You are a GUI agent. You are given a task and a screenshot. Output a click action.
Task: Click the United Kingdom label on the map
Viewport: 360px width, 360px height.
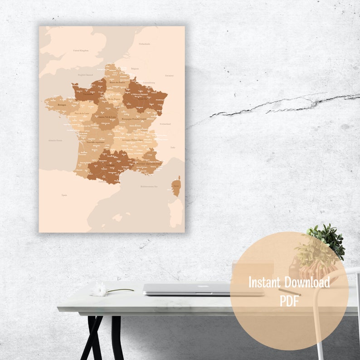click(x=81, y=51)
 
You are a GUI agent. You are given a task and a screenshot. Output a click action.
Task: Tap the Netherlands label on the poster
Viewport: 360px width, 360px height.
click(x=144, y=44)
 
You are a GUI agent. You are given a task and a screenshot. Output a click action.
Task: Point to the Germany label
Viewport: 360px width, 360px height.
click(x=169, y=75)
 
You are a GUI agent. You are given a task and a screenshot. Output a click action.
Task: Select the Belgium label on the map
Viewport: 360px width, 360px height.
click(x=135, y=69)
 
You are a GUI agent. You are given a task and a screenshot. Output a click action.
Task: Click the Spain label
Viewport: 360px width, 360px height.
click(x=64, y=195)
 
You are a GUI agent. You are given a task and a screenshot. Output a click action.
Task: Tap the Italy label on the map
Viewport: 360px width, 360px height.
click(x=172, y=147)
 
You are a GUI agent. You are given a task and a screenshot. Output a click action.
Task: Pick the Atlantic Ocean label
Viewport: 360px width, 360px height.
click(x=55, y=140)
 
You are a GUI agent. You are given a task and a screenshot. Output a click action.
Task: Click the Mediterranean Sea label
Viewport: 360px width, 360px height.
click(x=149, y=186)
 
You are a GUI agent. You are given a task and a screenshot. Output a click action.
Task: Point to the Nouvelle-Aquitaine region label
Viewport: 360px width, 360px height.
click(x=96, y=141)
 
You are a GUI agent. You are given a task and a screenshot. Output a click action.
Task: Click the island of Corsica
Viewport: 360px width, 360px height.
click(x=176, y=186)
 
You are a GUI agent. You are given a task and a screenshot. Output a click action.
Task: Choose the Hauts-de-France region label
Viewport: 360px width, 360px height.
click(x=117, y=82)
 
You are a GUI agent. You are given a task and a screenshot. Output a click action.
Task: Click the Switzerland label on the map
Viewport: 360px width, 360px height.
click(x=165, y=124)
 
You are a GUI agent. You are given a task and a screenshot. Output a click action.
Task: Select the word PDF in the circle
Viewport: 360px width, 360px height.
click(x=289, y=301)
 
